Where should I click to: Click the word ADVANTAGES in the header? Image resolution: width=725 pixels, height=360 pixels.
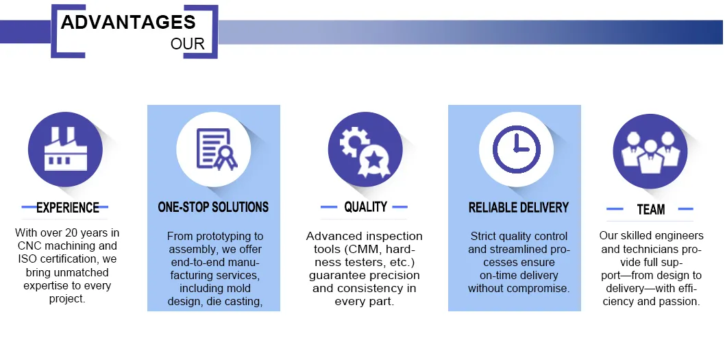coord(127,22)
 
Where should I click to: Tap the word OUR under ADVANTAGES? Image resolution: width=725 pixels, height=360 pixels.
coord(187,44)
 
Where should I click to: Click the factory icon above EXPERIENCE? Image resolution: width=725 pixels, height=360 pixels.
coord(65,149)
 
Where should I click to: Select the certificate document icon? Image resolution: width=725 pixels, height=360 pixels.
coord(214,149)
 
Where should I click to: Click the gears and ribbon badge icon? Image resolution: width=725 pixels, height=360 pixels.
coord(365,149)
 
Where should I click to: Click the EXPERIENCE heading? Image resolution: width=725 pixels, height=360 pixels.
coord(68,208)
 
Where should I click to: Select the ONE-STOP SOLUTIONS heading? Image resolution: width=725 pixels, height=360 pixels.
coord(213,207)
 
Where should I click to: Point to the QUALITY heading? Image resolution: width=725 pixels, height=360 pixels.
coord(365,206)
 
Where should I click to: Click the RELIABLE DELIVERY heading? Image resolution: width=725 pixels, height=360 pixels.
coord(519,207)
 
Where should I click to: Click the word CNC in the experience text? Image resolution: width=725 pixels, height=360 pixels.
coord(30,246)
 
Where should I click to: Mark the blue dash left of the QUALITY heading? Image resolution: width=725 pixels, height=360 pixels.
coord(329,206)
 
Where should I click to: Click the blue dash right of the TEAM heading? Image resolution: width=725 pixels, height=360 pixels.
coord(685,209)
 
